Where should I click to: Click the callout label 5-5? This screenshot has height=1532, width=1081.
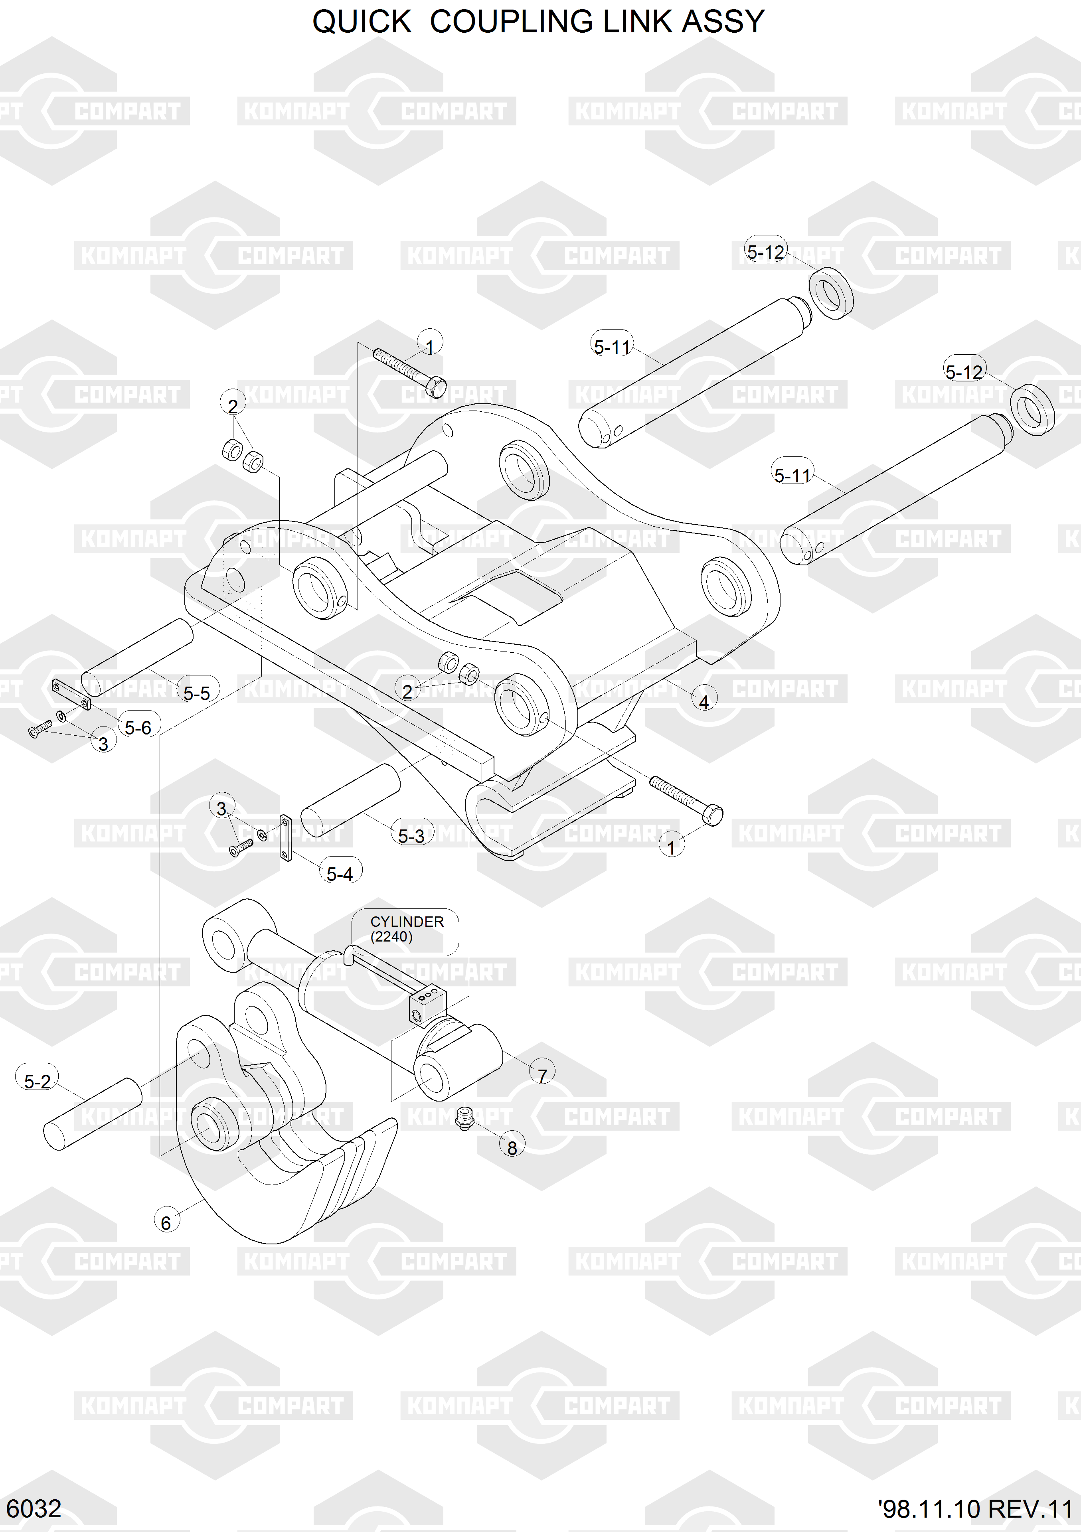coord(197,693)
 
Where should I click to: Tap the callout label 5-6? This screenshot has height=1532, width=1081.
coord(138,727)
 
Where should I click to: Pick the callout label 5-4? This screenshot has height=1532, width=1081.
coord(340,873)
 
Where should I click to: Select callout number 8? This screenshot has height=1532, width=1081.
coord(512,1148)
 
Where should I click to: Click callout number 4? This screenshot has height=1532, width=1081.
coord(704,701)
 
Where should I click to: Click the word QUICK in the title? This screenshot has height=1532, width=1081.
coord(362,22)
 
